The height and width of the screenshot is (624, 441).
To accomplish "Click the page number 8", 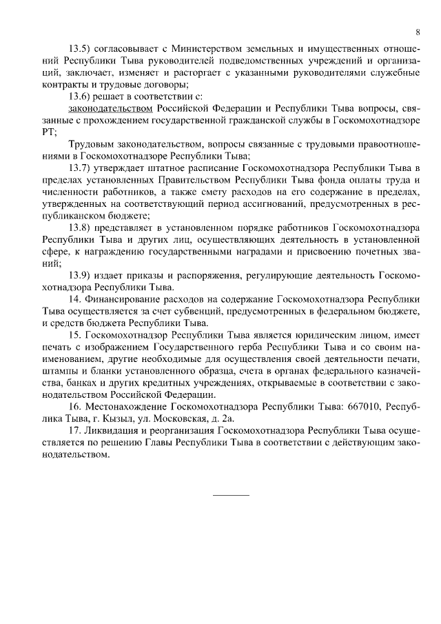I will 418,32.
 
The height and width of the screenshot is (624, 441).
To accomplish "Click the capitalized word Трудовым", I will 93,144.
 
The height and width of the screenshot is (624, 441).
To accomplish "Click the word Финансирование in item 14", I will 129,299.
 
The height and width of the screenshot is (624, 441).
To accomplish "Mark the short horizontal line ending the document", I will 231,495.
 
